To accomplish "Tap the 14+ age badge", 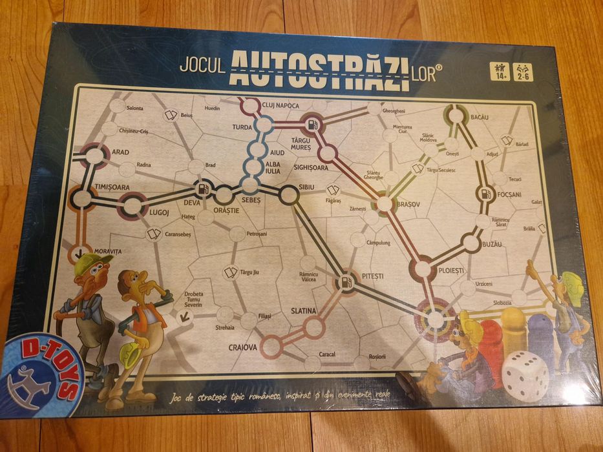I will click(x=500, y=72).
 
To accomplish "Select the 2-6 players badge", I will click(x=522, y=72).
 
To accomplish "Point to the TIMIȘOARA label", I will click(x=112, y=187).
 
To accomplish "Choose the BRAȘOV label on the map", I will click(x=408, y=203).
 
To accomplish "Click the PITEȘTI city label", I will click(x=374, y=276).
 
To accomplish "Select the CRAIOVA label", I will click(x=242, y=347).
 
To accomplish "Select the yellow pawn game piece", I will click(x=514, y=329).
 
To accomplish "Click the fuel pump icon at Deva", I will click(x=204, y=190).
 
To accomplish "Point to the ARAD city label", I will click(x=120, y=152).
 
